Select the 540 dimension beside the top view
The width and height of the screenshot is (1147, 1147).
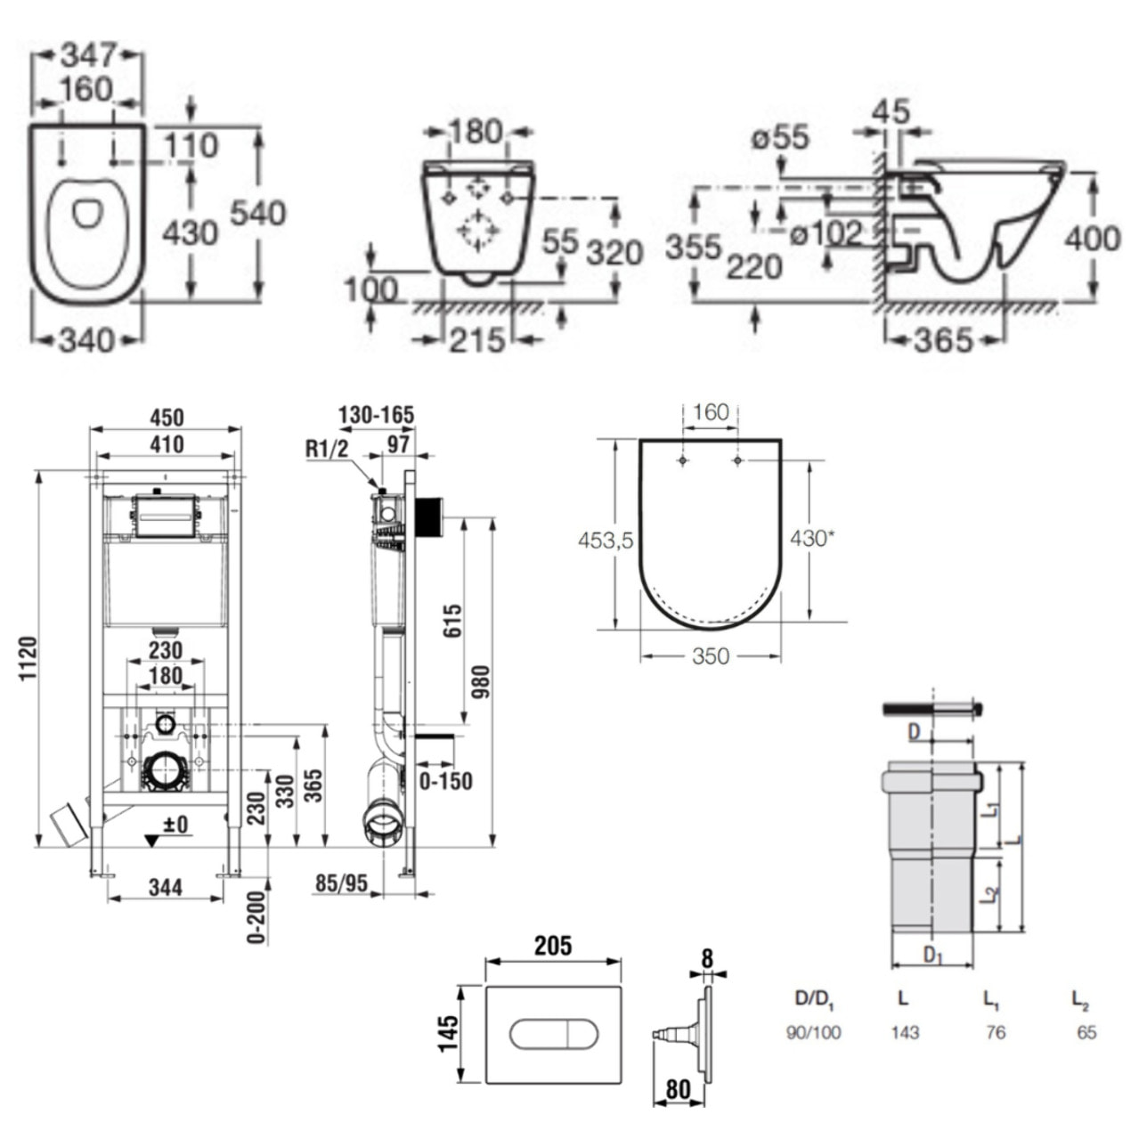pyautogui.click(x=258, y=213)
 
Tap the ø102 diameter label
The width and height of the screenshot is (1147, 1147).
pyautogui.click(x=827, y=234)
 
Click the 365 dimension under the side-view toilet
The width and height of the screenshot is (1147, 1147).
pyautogui.click(x=943, y=339)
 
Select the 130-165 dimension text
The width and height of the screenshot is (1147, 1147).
pyautogui.click(x=376, y=415)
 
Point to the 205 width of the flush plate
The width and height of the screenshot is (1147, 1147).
pyautogui.click(x=552, y=945)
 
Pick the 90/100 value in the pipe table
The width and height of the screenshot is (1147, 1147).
pyautogui.click(x=813, y=1033)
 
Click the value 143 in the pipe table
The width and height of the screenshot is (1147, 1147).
pyautogui.click(x=905, y=1033)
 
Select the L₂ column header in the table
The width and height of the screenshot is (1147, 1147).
pyautogui.click(x=1080, y=1000)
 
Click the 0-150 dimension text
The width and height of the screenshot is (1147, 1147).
pyautogui.click(x=445, y=781)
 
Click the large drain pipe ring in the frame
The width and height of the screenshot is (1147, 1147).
pyautogui.click(x=165, y=770)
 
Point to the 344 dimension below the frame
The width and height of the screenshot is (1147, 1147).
pyautogui.click(x=166, y=887)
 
